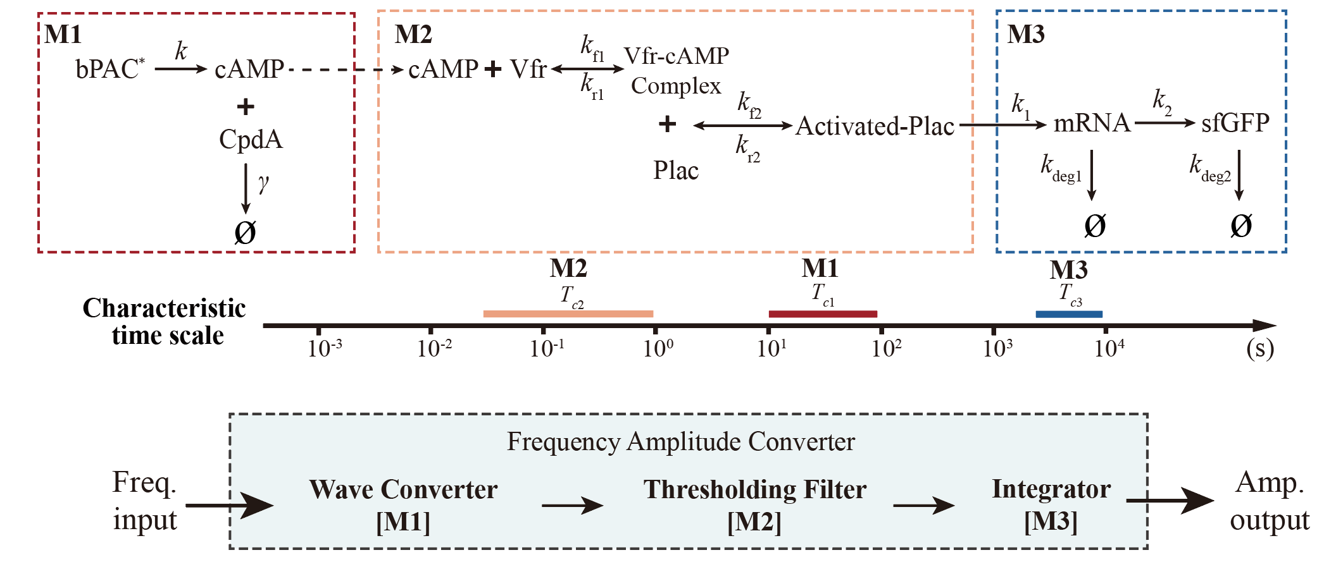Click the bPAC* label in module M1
coord(109,69)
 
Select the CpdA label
coord(251,139)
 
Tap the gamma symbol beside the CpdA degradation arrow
coord(263,183)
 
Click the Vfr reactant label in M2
coord(528,69)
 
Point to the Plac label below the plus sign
coord(676,171)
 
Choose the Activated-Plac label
coord(875,126)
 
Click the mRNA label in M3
coord(1092,123)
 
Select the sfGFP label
coord(1235,123)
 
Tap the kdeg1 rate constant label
coord(1061,168)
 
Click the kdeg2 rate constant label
coord(1209,168)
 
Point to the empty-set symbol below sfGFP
coord(1240,226)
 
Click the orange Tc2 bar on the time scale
coord(568,314)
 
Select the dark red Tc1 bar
coord(823,314)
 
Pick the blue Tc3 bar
coord(1069,314)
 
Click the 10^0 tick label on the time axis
coord(658,348)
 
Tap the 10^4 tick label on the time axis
coord(1109,348)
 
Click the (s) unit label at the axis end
coord(1259,348)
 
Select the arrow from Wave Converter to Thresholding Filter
coord(572,505)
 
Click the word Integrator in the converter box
coord(1051,489)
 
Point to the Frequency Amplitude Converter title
coord(680,441)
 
